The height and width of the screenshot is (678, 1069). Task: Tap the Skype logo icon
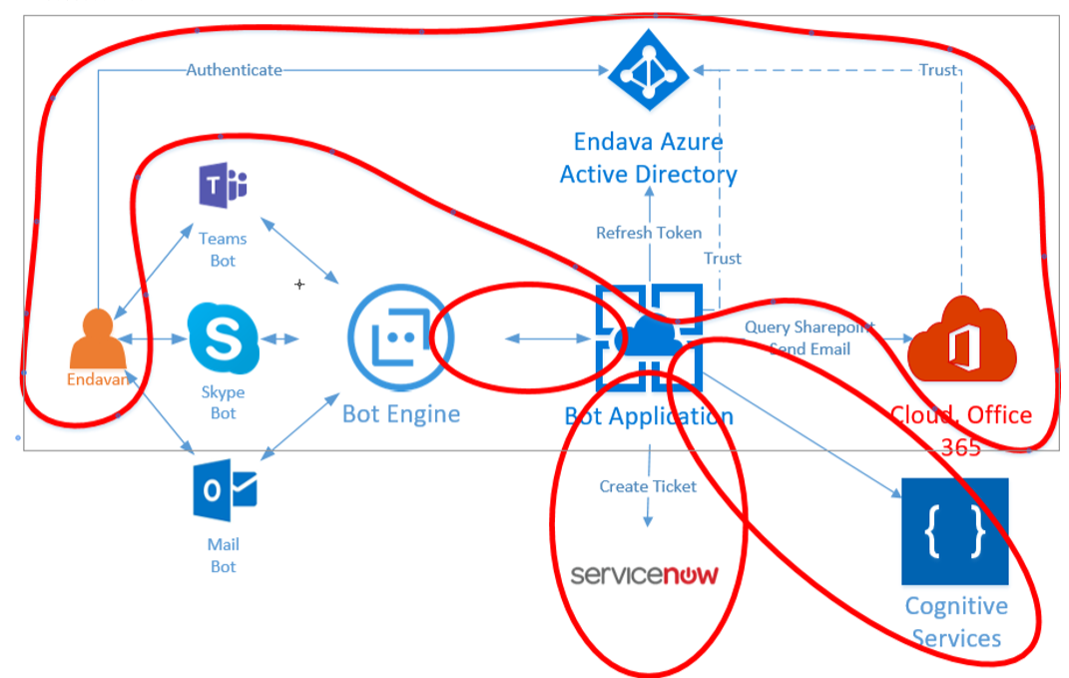click(x=222, y=339)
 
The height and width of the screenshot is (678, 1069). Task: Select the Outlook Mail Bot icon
click(x=225, y=490)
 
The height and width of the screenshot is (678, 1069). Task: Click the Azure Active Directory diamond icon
click(x=649, y=70)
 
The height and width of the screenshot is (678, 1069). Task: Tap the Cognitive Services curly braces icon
click(x=954, y=531)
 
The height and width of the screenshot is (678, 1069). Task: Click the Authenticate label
click(x=234, y=70)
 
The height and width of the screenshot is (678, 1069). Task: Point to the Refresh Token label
click(x=649, y=233)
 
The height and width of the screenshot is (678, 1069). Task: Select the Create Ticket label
click(x=648, y=486)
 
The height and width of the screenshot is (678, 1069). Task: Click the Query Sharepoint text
click(x=808, y=328)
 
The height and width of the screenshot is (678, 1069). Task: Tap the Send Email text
click(x=809, y=348)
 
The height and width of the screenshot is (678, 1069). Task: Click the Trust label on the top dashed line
click(x=937, y=70)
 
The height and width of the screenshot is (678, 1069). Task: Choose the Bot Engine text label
click(x=401, y=413)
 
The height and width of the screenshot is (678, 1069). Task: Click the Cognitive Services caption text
click(x=956, y=622)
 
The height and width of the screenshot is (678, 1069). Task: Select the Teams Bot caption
click(x=223, y=250)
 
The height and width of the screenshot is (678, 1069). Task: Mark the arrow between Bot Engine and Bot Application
click(x=547, y=339)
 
